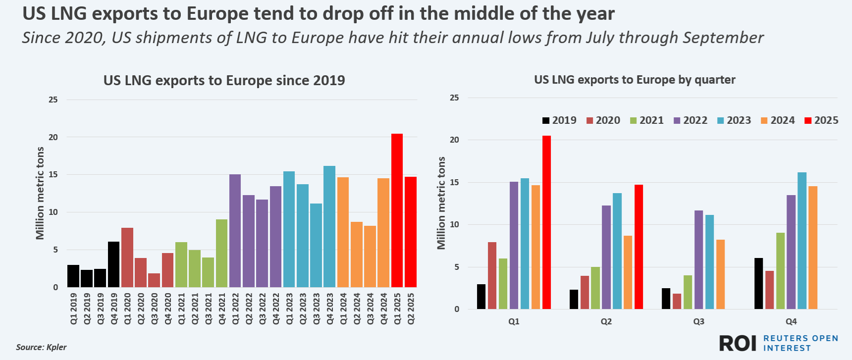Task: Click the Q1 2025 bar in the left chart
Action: [397, 210]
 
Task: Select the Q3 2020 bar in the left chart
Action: [154, 280]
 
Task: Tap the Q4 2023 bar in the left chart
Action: [329, 226]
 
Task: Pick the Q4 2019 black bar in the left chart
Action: [113, 264]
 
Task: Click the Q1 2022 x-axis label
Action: [235, 309]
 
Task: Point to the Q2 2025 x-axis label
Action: [411, 309]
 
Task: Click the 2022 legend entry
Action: [691, 120]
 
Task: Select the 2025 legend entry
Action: [821, 120]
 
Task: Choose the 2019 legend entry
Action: [559, 120]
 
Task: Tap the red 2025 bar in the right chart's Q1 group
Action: [546, 222]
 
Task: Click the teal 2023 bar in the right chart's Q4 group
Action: [802, 241]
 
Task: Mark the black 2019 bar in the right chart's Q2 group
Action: [574, 299]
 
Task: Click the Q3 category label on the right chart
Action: [698, 321]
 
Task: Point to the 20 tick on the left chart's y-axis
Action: [53, 137]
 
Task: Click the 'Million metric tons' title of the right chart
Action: [441, 203]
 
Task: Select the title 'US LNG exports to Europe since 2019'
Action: [224, 80]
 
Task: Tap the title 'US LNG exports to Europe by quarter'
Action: [635, 80]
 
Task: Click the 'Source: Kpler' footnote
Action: [41, 347]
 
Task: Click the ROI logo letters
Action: [738, 343]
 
